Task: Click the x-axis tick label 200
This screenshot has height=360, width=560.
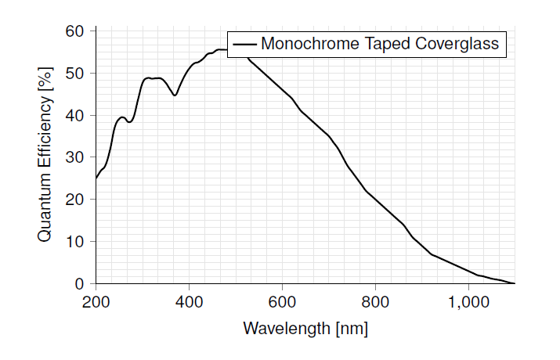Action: (x=96, y=301)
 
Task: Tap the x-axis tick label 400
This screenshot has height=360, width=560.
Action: (x=189, y=301)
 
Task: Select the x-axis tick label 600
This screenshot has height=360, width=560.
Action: (x=282, y=301)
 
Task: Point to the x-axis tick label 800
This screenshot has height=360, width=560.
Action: (x=375, y=301)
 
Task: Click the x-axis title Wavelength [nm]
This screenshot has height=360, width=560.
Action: (x=305, y=328)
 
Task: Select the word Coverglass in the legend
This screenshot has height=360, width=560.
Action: (x=457, y=44)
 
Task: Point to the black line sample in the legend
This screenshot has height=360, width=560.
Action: (x=244, y=45)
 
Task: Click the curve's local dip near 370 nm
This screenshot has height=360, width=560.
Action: (x=175, y=95)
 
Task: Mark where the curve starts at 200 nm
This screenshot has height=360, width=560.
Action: (x=96, y=178)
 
